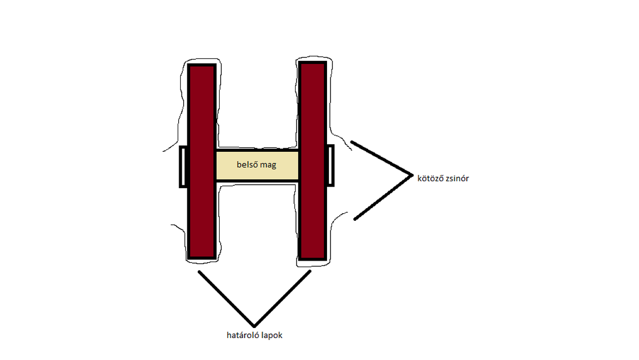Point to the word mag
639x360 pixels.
pyautogui.click(x=268, y=165)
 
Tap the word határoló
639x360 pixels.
pyautogui.click(x=242, y=335)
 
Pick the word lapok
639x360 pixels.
pyautogui.click(x=271, y=335)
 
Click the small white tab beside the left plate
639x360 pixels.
pyautogui.click(x=183, y=167)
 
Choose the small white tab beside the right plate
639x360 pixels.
pyautogui.click(x=330, y=166)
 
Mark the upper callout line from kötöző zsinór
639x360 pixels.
pyautogui.click(x=381, y=158)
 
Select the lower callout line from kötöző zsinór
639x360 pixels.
pyautogui.click(x=383, y=198)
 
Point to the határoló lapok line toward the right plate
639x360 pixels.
pyautogui.click(x=283, y=298)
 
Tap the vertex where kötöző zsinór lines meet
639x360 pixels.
pyautogui.click(x=412, y=175)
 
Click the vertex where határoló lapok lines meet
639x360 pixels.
pyautogui.click(x=254, y=326)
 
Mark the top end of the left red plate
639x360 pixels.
pyautogui.click(x=202, y=67)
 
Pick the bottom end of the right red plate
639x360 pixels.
pyautogui.click(x=313, y=257)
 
